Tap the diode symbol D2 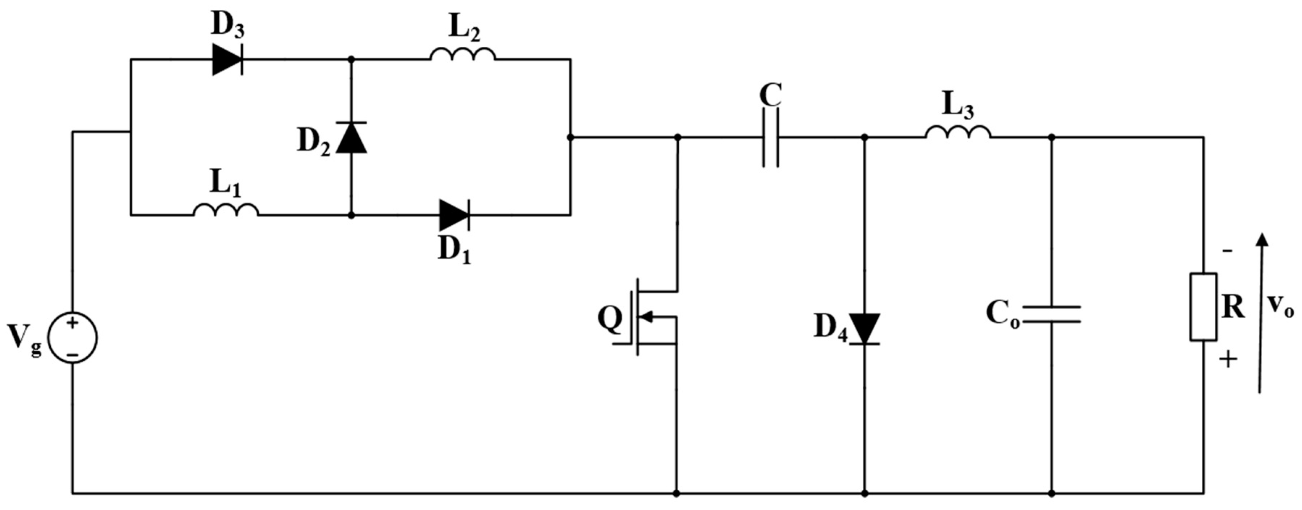pos(351,138)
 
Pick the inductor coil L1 pos(226,211)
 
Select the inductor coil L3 pos(958,133)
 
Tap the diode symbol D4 pos(864,329)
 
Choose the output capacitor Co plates pos(1051,314)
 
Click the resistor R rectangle pos(1203,307)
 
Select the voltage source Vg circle pos(72,337)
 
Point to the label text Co pos(1002,313)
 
